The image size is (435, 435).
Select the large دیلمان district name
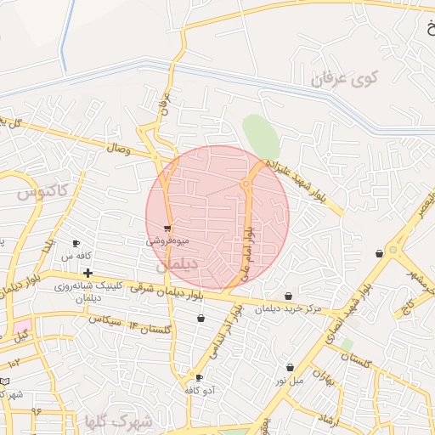click(x=176, y=265)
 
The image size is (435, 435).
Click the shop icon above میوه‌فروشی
click(x=168, y=228)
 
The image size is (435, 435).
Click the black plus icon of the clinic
click(x=88, y=273)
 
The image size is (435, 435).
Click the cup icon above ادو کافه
click(x=200, y=377)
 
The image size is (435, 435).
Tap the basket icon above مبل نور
click(x=291, y=368)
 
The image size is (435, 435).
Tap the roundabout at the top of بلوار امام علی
click(x=246, y=183)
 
